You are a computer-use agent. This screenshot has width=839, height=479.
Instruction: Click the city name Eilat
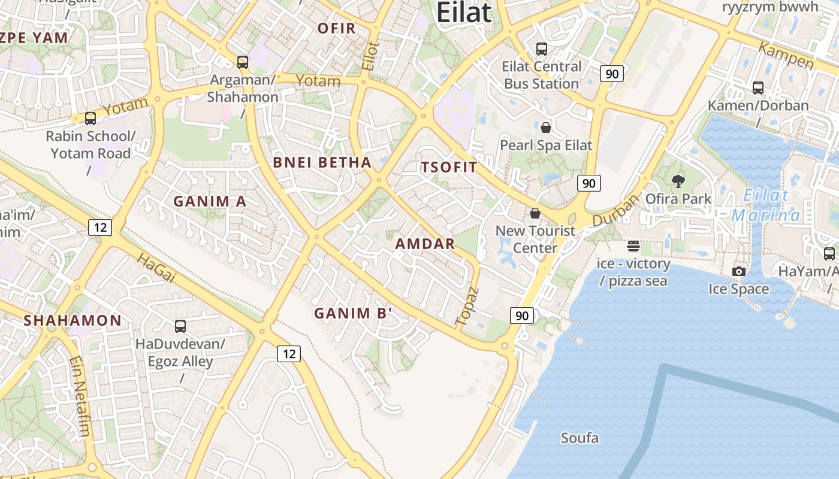tap(464, 13)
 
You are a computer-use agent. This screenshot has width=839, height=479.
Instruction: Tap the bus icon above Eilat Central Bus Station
tap(542, 49)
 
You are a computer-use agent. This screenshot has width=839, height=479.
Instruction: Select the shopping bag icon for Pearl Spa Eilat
tap(546, 127)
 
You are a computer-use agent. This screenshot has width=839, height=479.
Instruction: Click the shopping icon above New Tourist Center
tap(535, 213)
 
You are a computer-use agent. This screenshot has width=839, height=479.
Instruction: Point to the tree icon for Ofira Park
tap(678, 181)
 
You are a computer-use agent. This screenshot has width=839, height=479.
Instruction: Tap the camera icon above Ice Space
tap(738, 271)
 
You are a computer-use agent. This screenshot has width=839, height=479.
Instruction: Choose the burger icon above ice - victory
tap(633, 246)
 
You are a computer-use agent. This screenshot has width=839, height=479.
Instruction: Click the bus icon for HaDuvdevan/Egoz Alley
tap(180, 326)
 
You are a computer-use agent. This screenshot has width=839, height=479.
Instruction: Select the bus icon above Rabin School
tap(90, 119)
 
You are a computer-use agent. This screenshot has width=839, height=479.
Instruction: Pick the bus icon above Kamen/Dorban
tap(758, 88)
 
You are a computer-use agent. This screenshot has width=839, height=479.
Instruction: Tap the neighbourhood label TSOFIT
tap(449, 168)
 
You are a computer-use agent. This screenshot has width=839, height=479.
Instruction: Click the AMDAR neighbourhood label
tap(425, 244)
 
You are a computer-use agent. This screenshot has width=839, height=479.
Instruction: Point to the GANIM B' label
tap(353, 313)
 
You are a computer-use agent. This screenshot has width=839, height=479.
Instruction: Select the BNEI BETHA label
tap(322, 162)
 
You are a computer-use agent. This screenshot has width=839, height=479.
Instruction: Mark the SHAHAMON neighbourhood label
tap(73, 321)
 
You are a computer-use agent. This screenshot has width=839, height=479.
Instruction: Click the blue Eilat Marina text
tap(766, 205)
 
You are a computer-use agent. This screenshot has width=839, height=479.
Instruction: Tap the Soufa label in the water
tap(580, 438)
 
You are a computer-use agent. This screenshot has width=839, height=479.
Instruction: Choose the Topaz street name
tap(467, 307)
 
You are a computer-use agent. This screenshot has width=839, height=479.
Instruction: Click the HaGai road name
tap(156, 268)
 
